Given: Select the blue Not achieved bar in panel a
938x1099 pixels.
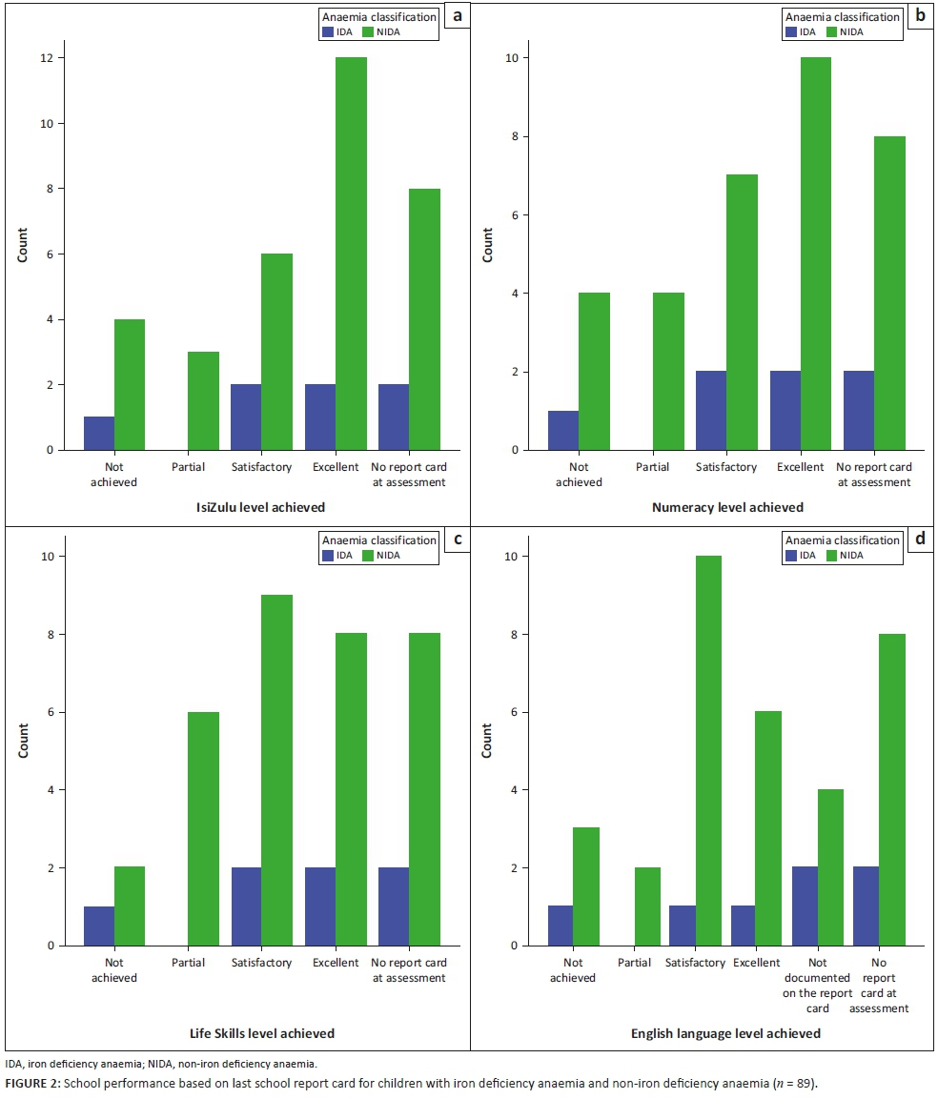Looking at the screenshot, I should click(99, 433).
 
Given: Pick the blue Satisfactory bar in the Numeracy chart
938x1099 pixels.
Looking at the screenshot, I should click(711, 410).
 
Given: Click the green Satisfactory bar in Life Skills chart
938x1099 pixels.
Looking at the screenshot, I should click(276, 770).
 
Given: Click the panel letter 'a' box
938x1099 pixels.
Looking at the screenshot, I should click(458, 16).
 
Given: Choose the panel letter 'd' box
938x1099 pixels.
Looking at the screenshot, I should click(919, 539).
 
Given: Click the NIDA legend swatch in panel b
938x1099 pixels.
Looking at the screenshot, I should click(832, 31).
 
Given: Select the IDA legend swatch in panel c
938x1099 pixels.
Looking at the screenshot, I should click(329, 556).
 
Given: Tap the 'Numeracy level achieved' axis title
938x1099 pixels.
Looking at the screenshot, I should click(727, 508).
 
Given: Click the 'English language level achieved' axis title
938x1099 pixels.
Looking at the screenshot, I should click(725, 1033).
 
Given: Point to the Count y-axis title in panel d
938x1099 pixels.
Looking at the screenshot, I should click(488, 742).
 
